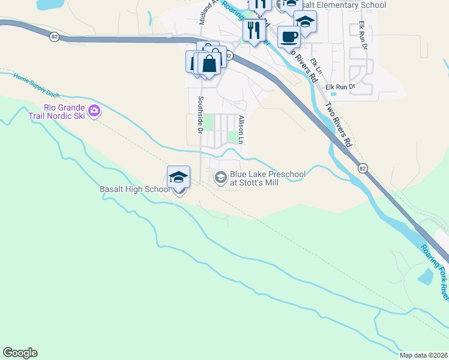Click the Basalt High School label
[135, 190]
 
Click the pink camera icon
[94, 110]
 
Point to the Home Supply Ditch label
[37, 85]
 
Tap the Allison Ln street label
[241, 130]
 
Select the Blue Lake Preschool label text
[267, 178]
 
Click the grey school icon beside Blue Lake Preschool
[220, 177]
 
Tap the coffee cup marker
[289, 37]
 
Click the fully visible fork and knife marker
[254, 29]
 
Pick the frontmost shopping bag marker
[209, 64]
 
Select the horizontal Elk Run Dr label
[340, 87]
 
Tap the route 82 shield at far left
[55, 37]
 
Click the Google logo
[20, 353]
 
